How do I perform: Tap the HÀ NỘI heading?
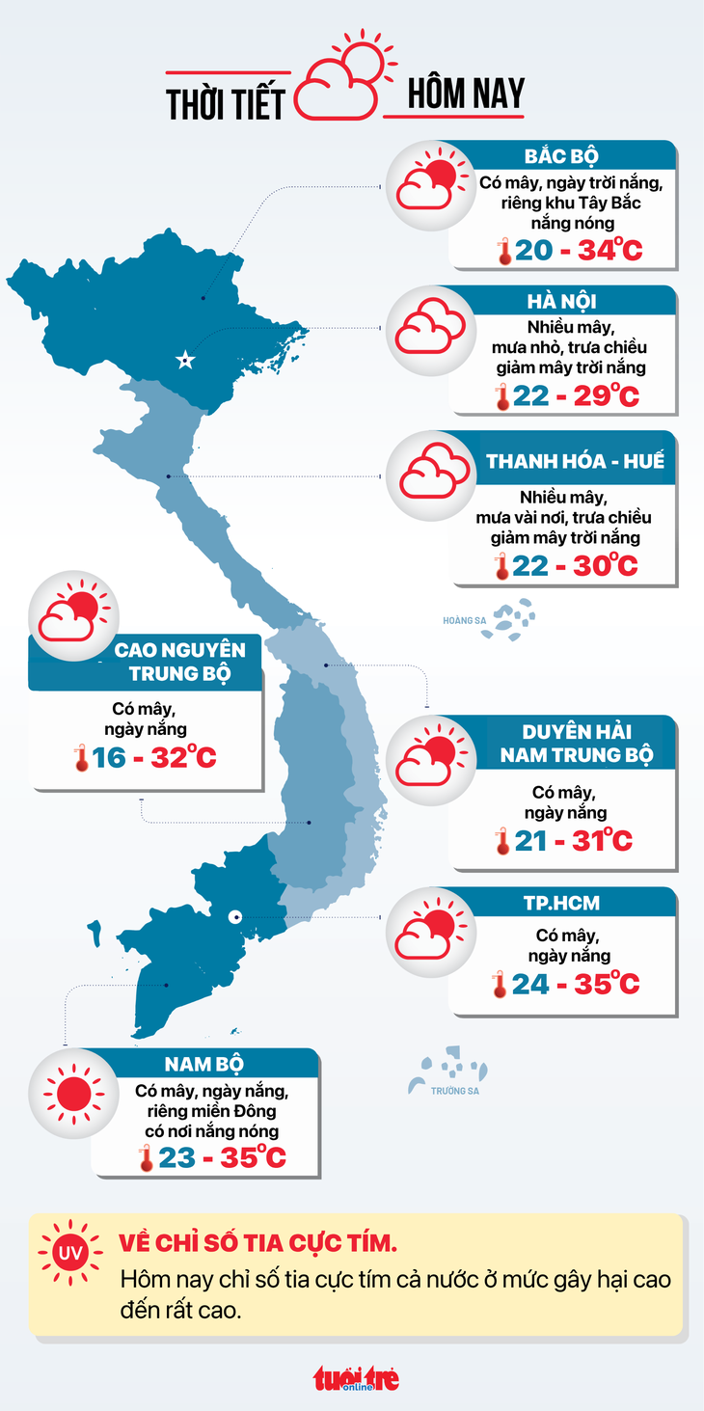pos(562,302)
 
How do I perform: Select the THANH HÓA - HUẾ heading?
pos(575,461)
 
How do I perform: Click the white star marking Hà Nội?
pos(184,361)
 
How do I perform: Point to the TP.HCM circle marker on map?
pos(234,917)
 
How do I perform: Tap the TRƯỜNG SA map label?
pos(455,1091)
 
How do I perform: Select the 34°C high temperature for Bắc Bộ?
pos(609,251)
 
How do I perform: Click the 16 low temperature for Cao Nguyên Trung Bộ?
pos(109,757)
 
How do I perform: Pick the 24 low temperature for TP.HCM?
pos(531,984)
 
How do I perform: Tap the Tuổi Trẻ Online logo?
pos(355,1378)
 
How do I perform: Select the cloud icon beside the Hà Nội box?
pos(430,331)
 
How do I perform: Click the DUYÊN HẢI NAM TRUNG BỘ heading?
pos(575,743)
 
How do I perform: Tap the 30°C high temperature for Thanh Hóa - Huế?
pos(606,565)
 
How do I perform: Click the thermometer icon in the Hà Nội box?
pos(501,396)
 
